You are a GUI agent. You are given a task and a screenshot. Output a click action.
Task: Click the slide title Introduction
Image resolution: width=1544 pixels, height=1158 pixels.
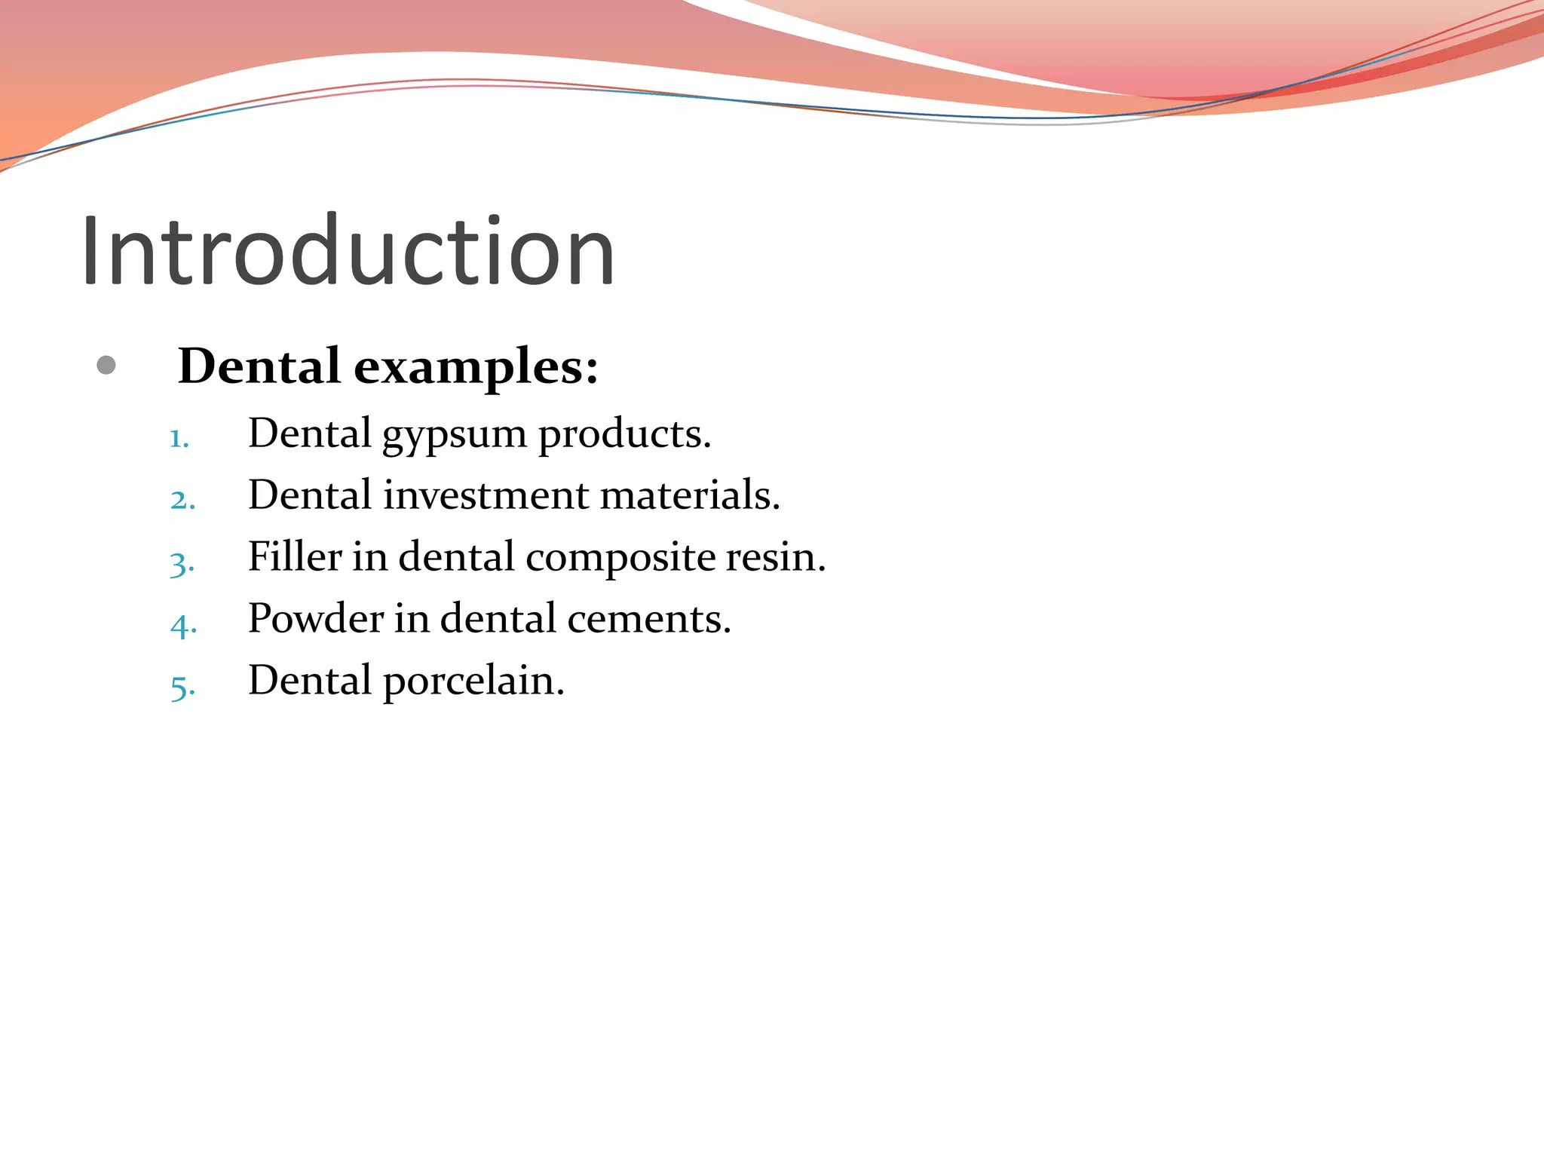pos(348,251)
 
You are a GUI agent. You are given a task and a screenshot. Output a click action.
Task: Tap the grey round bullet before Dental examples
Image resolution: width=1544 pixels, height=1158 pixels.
pos(106,366)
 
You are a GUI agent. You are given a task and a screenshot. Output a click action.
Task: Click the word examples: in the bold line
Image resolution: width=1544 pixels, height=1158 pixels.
pos(476,368)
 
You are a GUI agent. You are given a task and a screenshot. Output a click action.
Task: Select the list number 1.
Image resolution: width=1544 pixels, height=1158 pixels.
pos(179,439)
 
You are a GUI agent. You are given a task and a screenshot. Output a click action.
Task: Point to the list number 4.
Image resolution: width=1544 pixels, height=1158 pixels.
pos(183,625)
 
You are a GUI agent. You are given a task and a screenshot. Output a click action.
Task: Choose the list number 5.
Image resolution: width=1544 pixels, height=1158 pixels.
pos(182,687)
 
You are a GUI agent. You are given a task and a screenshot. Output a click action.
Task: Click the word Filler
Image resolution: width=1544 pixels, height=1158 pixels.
pos(295,557)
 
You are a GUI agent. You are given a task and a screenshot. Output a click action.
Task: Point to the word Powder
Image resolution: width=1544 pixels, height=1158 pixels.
pos(316,619)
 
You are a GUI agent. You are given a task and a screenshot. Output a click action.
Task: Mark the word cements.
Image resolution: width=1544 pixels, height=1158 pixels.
pos(648,620)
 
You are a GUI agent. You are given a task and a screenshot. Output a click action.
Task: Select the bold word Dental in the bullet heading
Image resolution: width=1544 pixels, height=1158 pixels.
pos(259,366)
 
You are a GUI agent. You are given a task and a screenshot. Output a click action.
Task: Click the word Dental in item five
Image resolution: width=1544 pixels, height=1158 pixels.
pos(310,680)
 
